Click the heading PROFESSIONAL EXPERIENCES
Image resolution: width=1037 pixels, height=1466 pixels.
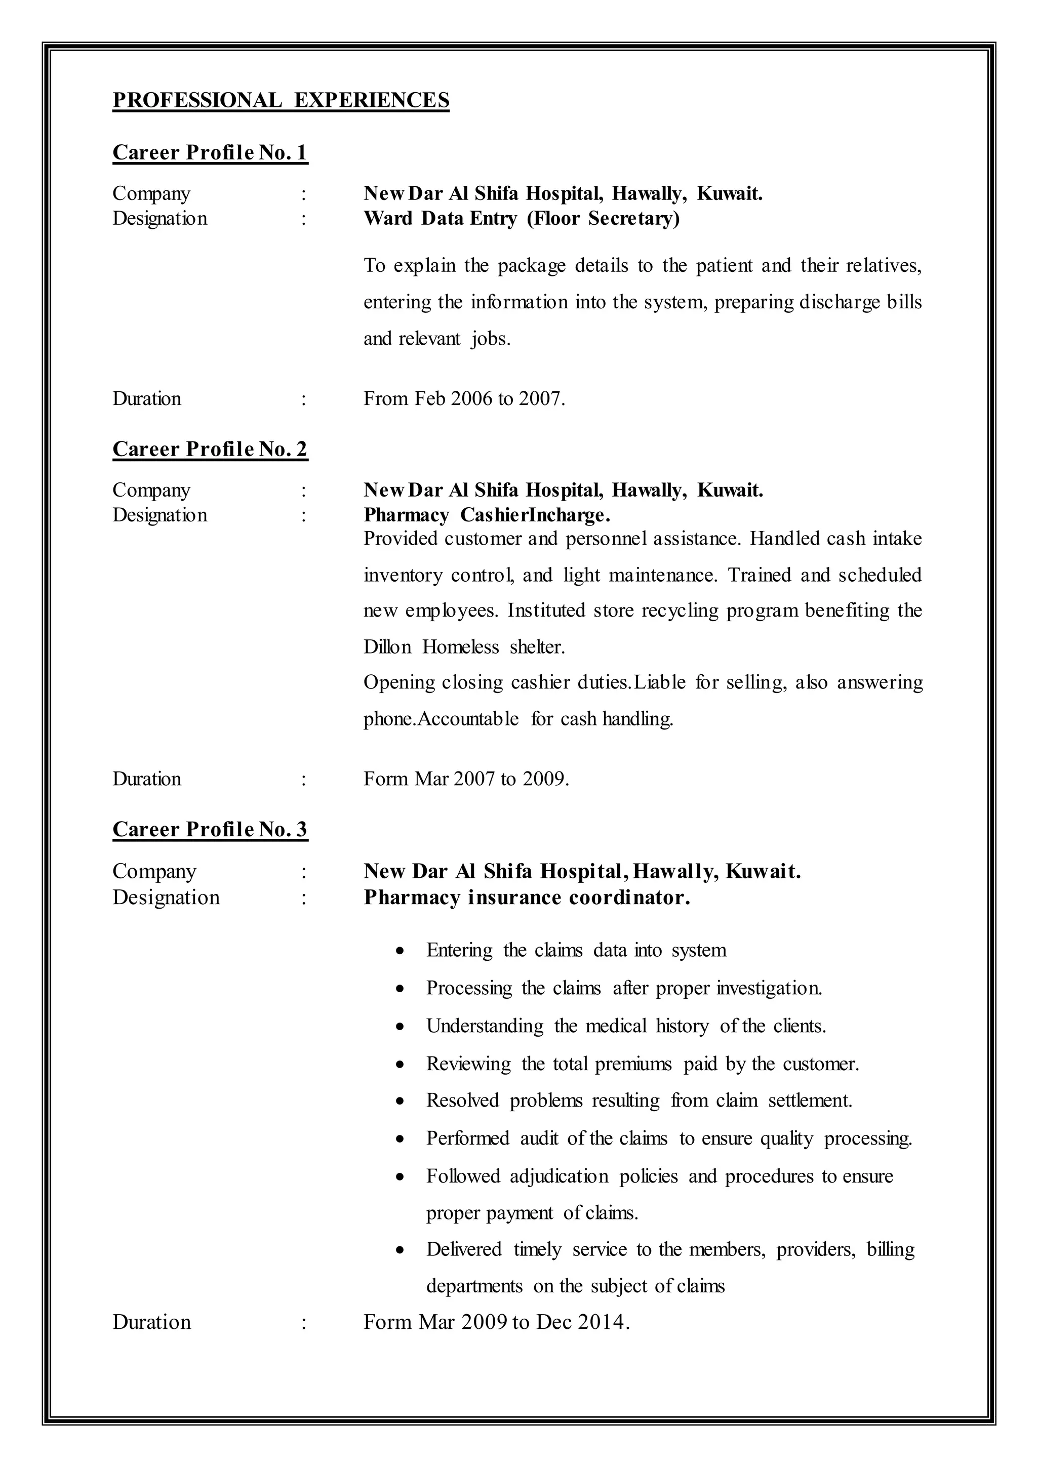point(281,100)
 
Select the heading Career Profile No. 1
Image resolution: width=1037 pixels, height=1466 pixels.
point(210,152)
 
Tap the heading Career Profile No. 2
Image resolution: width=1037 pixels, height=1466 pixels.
point(210,450)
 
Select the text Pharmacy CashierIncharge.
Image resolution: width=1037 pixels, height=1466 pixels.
point(487,515)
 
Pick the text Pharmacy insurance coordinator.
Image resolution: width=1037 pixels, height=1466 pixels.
point(527,898)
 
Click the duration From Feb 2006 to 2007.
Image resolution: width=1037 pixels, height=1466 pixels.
point(464,399)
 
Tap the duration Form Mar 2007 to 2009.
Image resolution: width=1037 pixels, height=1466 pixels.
point(466,779)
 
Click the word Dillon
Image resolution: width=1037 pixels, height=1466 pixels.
point(387,647)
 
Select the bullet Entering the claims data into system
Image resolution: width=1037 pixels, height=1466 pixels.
point(576,950)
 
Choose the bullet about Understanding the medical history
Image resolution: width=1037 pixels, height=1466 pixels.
point(626,1026)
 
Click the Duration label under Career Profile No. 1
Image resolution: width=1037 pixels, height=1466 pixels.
point(147,399)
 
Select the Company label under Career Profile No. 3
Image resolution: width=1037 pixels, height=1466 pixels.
point(154,872)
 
